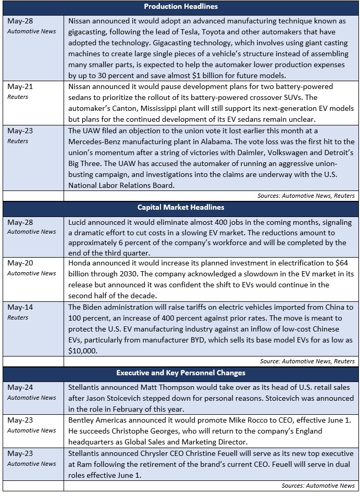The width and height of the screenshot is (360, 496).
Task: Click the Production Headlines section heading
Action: click(x=181, y=7)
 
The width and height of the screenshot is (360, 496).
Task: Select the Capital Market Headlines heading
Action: click(x=181, y=207)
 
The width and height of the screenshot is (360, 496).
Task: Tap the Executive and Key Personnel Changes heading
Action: click(x=181, y=373)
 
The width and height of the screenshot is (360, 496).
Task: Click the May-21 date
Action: click(x=20, y=86)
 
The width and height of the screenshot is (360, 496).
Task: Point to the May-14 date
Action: click(x=20, y=307)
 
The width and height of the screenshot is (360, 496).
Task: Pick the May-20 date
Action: click(x=20, y=264)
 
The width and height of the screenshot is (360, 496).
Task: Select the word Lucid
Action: click(x=78, y=222)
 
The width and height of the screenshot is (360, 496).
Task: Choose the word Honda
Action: click(x=81, y=264)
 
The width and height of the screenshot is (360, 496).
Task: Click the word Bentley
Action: click(x=82, y=420)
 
